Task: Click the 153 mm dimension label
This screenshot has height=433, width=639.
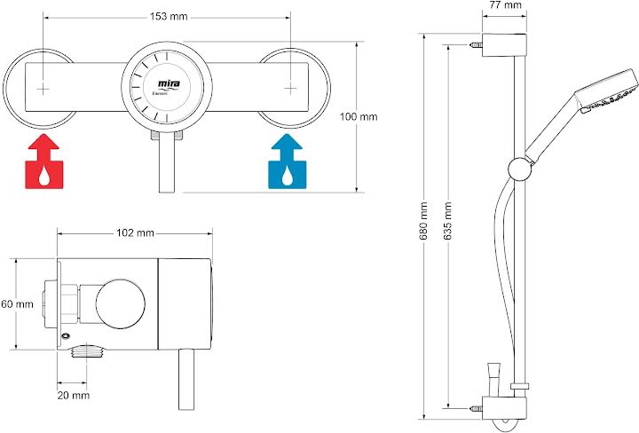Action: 168,15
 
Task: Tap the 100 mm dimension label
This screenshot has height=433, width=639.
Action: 359,116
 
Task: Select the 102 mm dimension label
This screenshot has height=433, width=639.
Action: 135,232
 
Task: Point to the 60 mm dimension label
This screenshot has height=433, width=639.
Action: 17,304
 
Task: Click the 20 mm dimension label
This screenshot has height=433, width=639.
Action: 74,394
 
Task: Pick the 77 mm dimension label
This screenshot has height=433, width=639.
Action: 505,6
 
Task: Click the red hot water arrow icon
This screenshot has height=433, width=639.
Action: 44,163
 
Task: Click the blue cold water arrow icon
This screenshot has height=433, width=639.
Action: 285,163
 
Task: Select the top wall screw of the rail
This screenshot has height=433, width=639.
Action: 477,42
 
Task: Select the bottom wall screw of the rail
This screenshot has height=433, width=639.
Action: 477,406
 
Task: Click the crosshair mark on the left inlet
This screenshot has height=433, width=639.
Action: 44,89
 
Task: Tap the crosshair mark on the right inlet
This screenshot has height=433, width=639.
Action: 291,89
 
